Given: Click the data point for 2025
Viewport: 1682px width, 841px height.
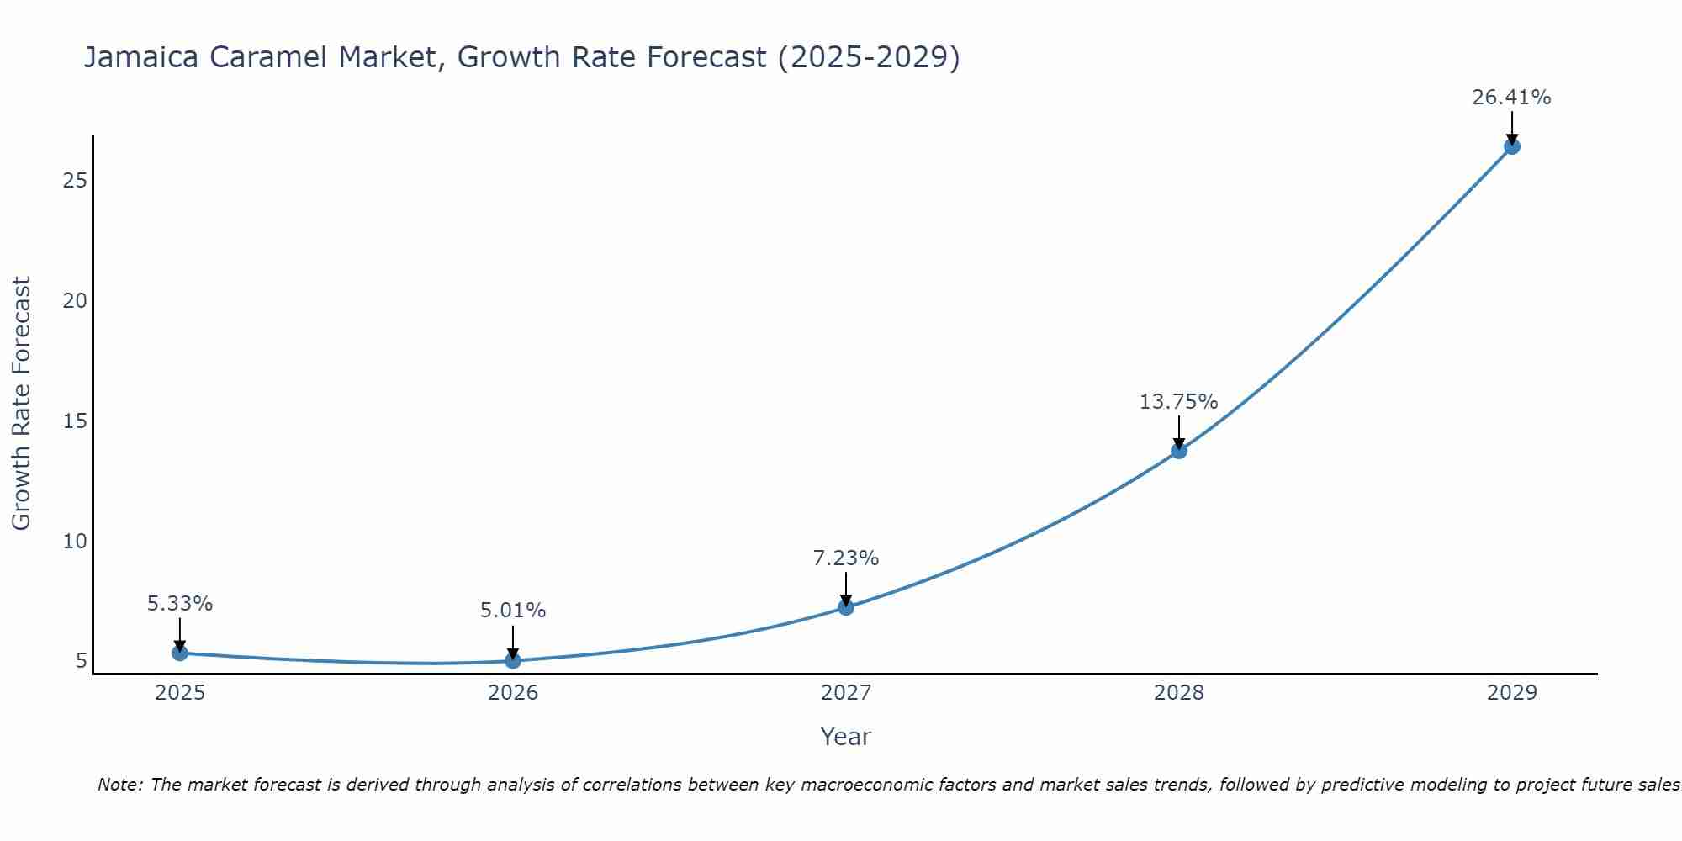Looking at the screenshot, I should [x=179, y=653].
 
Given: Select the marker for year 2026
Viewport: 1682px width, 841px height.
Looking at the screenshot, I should [x=513, y=661].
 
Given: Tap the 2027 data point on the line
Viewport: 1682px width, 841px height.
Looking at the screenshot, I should [x=846, y=607].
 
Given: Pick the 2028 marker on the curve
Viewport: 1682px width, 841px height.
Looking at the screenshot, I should [x=1179, y=451].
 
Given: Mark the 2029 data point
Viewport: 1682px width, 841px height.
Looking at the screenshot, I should [x=1512, y=146].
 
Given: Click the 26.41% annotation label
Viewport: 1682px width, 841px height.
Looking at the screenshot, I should [x=1511, y=98].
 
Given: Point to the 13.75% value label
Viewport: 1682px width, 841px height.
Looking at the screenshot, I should [x=1178, y=402].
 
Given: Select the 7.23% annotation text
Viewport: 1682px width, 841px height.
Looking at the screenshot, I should [x=846, y=558].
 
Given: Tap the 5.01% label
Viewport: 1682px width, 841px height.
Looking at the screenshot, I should [x=513, y=611].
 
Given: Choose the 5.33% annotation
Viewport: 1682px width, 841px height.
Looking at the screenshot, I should [x=180, y=604].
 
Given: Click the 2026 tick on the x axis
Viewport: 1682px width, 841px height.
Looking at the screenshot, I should [x=513, y=693].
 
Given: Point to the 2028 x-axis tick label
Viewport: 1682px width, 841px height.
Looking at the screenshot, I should [x=1179, y=693].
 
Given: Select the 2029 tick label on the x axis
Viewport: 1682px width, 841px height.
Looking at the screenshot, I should [x=1512, y=693].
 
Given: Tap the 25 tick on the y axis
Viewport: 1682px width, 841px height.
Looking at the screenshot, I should [x=75, y=181].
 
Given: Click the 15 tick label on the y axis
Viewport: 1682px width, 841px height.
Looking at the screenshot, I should [x=75, y=420].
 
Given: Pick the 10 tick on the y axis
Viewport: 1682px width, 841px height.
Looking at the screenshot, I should [x=75, y=541].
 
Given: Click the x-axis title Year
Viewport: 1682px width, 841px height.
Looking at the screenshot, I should [x=845, y=737].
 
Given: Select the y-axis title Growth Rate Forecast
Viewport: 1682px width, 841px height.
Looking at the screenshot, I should [x=21, y=404].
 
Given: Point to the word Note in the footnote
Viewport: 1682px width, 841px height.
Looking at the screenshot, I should [x=119, y=785].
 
